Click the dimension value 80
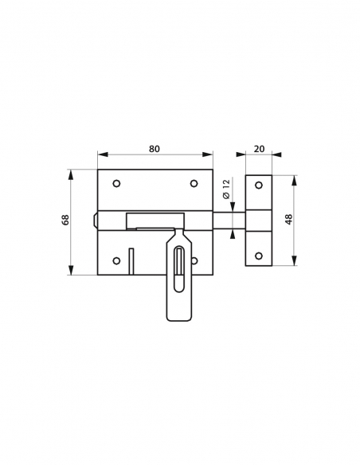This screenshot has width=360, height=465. pyautogui.click(x=155, y=149)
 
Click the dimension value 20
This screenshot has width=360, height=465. pyautogui.click(x=259, y=149)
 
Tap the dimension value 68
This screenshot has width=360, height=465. pyautogui.click(x=65, y=221)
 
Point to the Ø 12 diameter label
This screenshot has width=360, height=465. pyautogui.click(x=226, y=190)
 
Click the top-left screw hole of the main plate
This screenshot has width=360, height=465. pyautogui.click(x=116, y=185)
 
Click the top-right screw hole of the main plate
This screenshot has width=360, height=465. pyautogui.click(x=194, y=185)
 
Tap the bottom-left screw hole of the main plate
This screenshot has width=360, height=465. pyautogui.click(x=116, y=260)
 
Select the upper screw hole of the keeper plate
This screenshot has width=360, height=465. pyautogui.click(x=258, y=185)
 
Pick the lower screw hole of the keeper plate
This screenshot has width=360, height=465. pyautogui.click(x=258, y=256)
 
